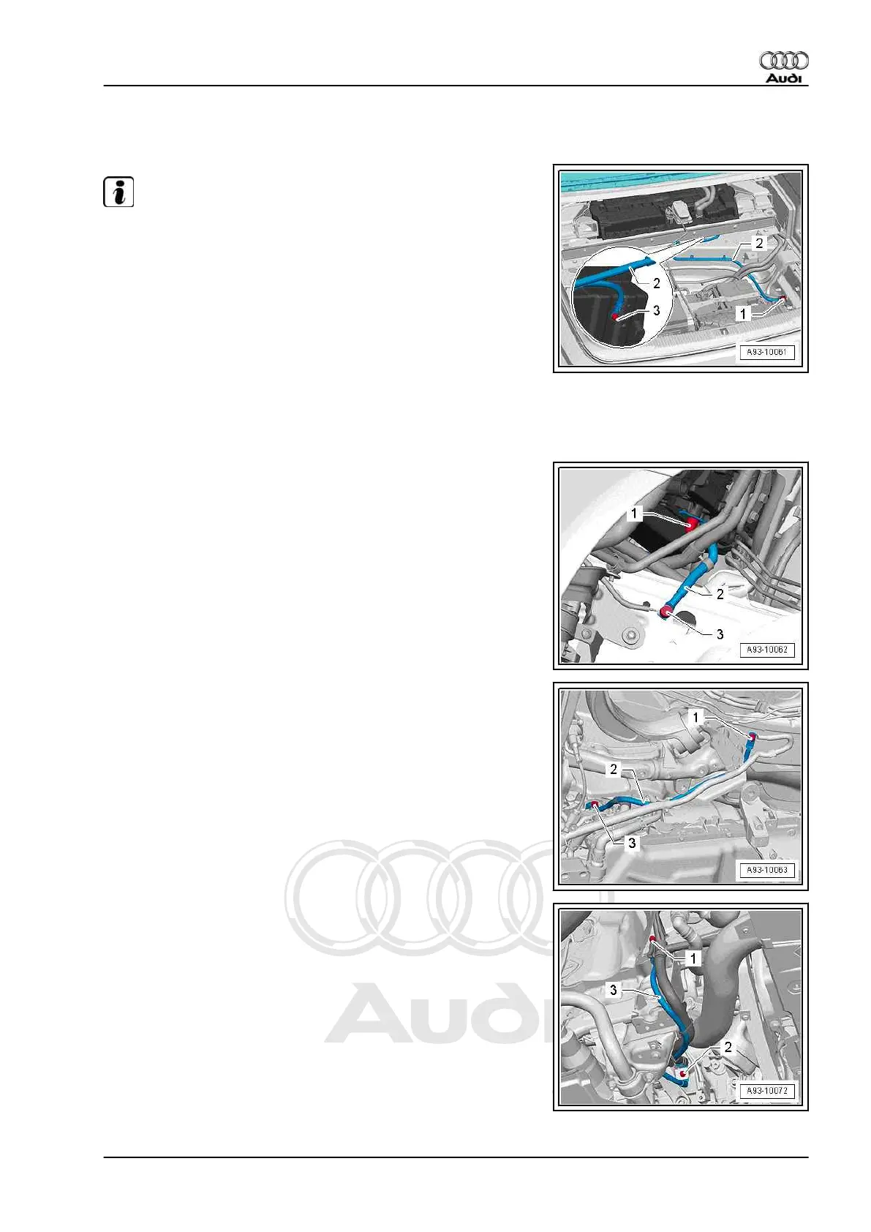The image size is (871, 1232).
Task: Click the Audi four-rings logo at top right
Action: point(783,60)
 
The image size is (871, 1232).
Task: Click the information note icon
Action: point(118,192)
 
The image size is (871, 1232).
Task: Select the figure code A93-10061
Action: point(766,352)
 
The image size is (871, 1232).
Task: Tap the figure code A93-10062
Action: point(766,650)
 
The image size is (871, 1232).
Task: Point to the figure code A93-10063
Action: point(766,870)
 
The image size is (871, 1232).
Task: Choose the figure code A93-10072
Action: point(766,1091)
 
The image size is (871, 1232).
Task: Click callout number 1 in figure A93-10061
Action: point(743,314)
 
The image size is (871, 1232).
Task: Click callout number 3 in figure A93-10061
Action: point(656,310)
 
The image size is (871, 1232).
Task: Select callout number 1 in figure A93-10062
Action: point(634,514)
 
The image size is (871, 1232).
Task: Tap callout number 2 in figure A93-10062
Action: point(720,594)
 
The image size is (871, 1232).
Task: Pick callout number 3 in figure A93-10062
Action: point(720,634)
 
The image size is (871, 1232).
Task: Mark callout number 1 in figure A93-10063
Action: point(695,718)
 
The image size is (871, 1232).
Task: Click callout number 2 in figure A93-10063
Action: point(614,769)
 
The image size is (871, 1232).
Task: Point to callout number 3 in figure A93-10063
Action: point(632,843)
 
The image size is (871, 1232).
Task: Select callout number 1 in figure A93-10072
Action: point(693,958)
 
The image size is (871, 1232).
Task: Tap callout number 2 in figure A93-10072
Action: point(728,1048)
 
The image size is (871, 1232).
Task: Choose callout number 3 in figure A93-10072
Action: point(613,990)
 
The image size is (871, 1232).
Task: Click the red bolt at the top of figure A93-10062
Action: point(690,523)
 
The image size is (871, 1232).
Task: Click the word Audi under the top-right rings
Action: point(783,78)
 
